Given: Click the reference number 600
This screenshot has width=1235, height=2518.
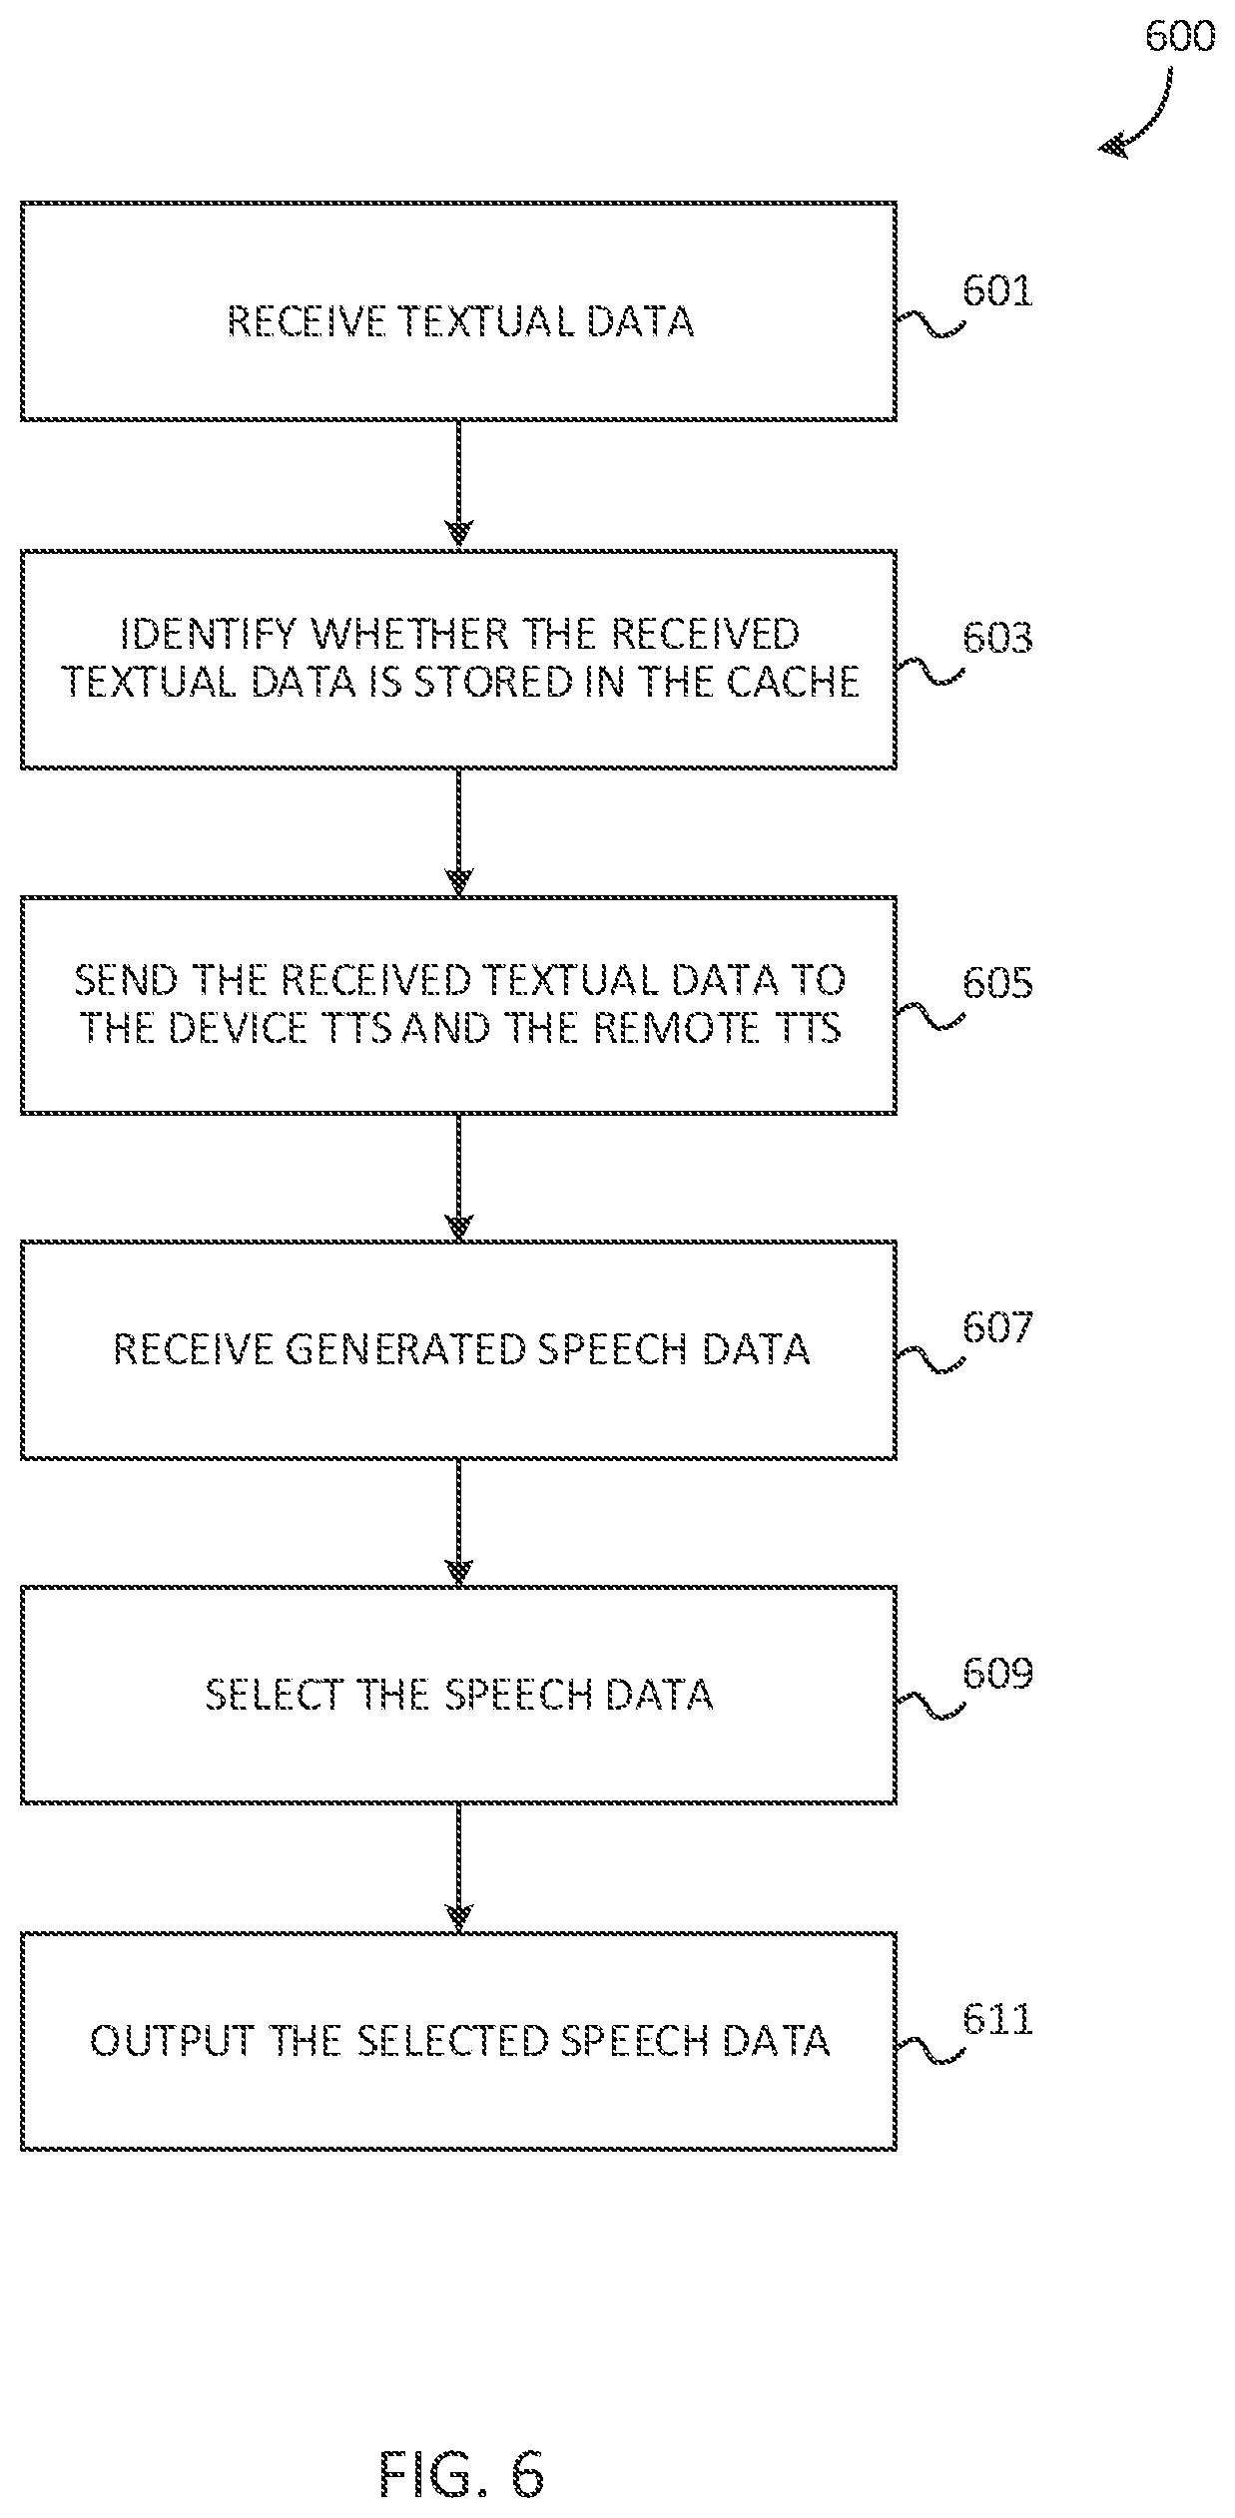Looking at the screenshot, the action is point(1180,37).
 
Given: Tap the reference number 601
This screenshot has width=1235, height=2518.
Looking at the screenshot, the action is point(997,291).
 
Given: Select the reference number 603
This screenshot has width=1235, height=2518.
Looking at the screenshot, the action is point(997,638).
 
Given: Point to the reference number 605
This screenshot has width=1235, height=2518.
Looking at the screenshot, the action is point(997,983).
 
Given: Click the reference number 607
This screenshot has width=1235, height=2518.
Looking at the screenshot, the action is point(997,1328).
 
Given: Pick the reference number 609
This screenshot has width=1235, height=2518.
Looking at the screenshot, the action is point(997,1674).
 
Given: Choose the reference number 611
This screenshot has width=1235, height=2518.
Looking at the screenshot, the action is point(997,2020).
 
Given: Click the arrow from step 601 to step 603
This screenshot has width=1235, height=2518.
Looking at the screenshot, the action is point(458,484).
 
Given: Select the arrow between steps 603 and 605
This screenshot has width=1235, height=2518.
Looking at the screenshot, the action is point(458,831).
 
